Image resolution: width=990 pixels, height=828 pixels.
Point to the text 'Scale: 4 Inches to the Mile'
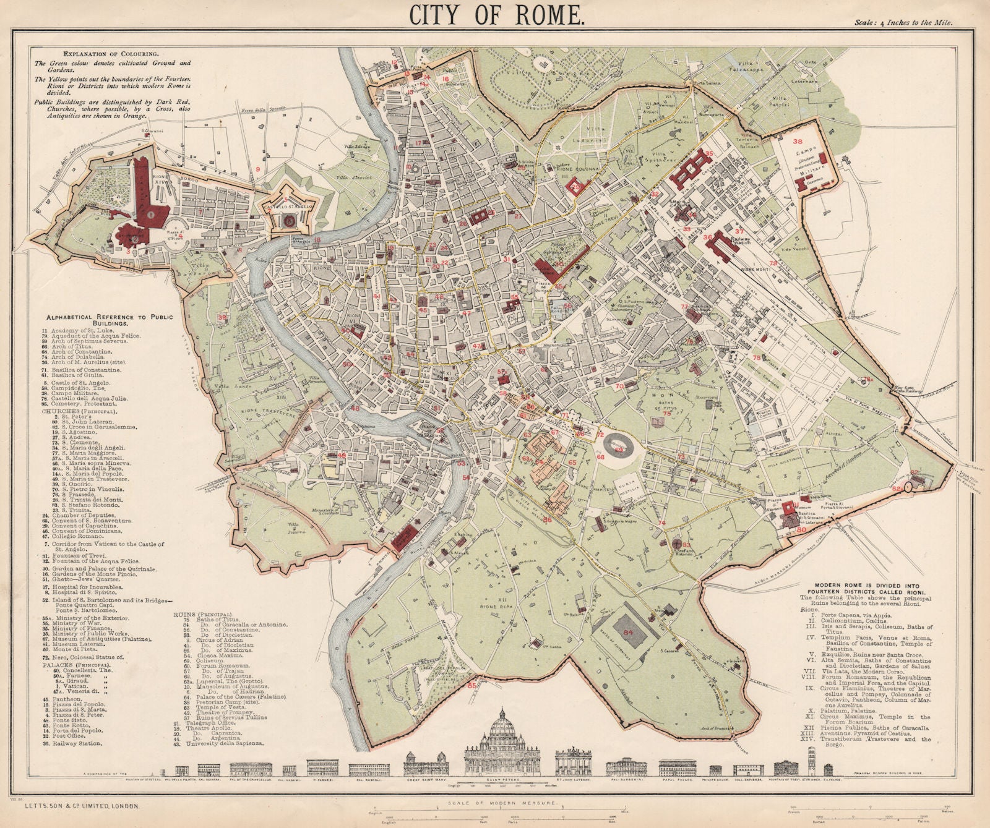click(x=903, y=22)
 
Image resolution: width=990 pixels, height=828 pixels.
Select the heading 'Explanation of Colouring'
click(x=87, y=54)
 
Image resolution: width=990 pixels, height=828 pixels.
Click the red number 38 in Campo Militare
click(x=798, y=141)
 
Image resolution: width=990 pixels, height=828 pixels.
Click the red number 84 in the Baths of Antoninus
click(x=629, y=632)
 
